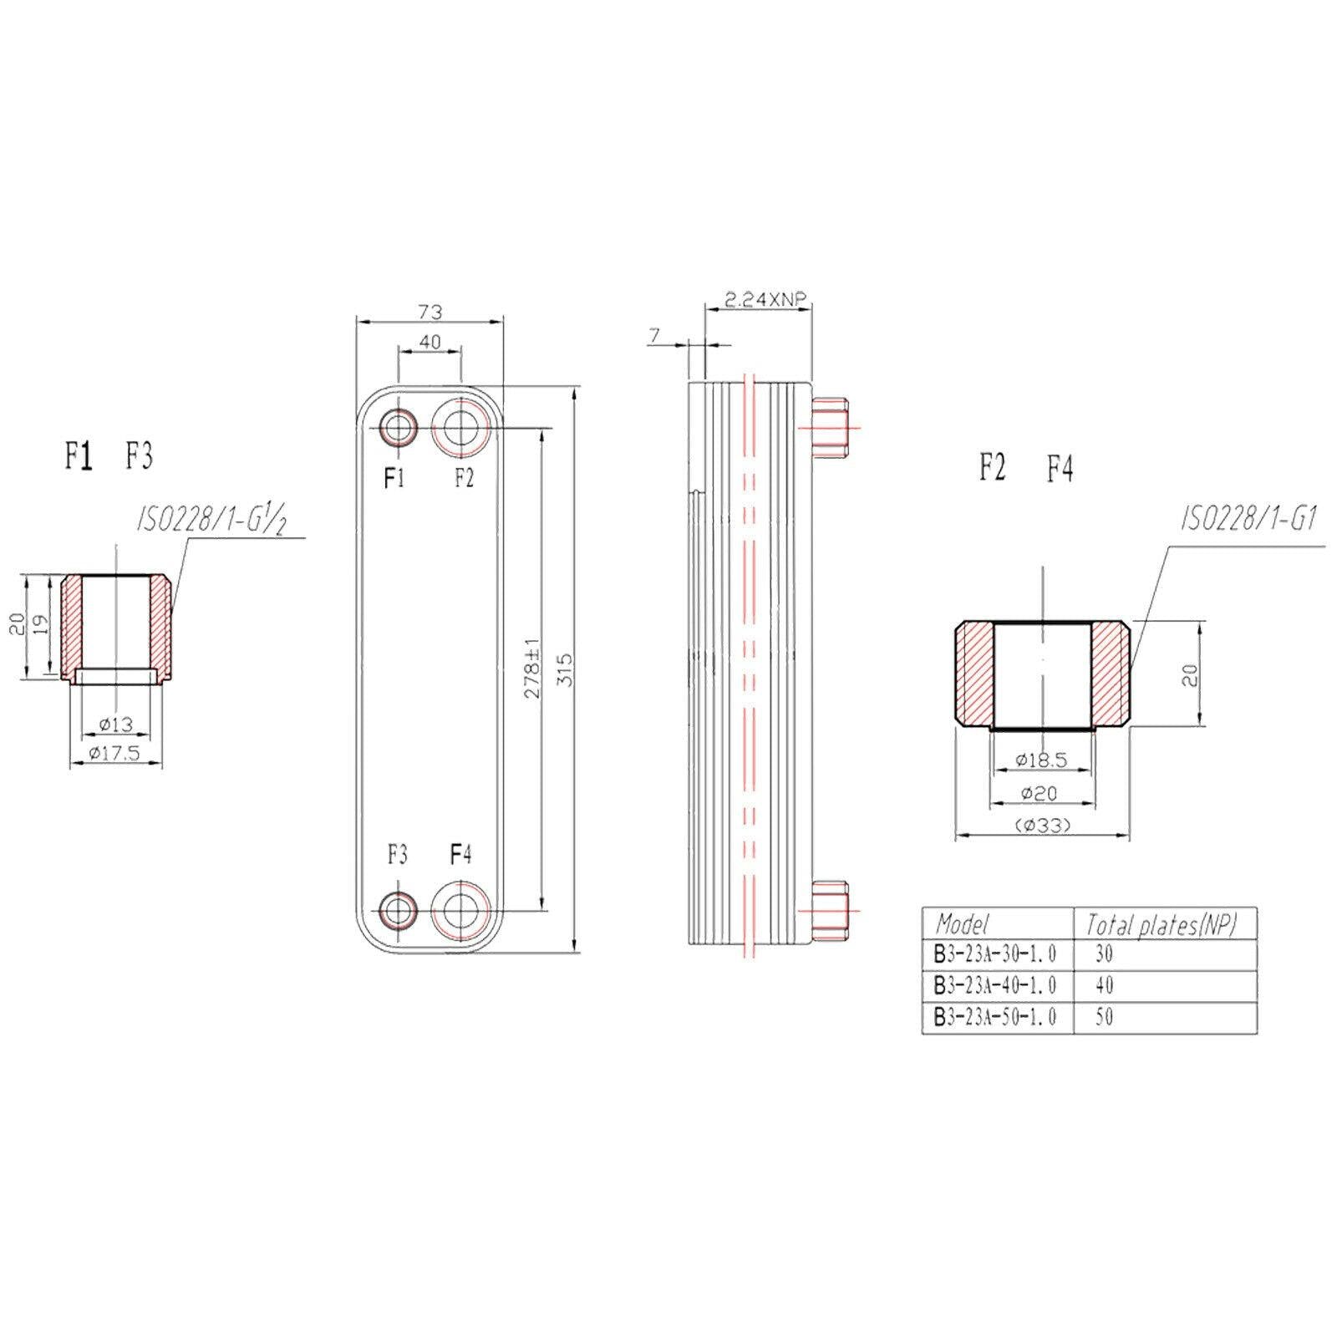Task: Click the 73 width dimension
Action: (x=430, y=312)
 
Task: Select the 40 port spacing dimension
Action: (x=430, y=342)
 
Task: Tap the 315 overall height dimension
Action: (x=566, y=668)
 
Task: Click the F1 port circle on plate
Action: (x=398, y=429)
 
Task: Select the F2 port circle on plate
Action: (x=460, y=429)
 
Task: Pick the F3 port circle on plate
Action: (x=398, y=909)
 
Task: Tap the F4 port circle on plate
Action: (x=460, y=909)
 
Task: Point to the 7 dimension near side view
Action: (x=654, y=335)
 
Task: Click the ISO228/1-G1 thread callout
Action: (x=1248, y=521)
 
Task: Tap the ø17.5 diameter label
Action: (x=116, y=753)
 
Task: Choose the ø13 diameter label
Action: (x=115, y=724)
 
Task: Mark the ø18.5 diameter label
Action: (x=1041, y=760)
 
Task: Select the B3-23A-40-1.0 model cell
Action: (x=995, y=985)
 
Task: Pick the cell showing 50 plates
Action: (x=1104, y=1017)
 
